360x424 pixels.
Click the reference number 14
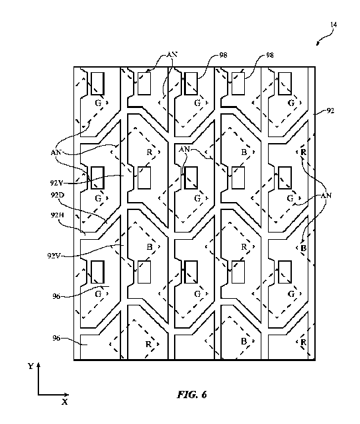[334, 25]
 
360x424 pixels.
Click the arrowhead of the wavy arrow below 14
[318, 44]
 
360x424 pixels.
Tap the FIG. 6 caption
[192, 395]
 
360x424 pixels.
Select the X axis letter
[65, 402]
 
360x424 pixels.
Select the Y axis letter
[30, 366]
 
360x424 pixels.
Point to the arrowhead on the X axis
[66, 395]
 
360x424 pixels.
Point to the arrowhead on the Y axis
[38, 365]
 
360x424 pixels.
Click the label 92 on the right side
[331, 111]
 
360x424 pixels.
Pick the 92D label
[58, 195]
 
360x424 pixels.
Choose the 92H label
[58, 215]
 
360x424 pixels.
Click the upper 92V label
[56, 183]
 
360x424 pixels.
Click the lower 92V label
[54, 255]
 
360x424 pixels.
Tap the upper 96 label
[56, 296]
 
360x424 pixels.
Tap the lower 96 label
[56, 338]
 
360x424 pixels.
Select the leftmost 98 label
[224, 55]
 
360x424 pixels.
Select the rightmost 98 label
[270, 55]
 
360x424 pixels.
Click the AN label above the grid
[172, 54]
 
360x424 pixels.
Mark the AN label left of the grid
[56, 152]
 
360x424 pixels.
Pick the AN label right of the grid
[326, 195]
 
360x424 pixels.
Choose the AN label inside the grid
[185, 149]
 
